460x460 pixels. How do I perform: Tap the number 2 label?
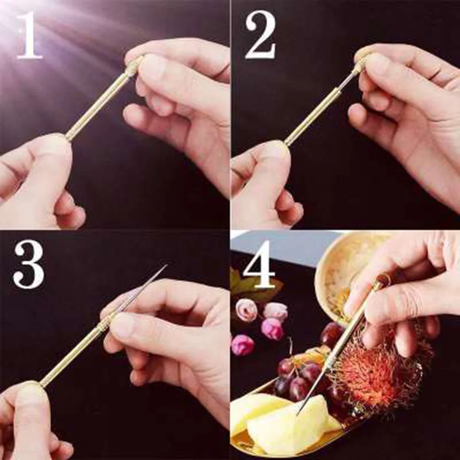(260, 36)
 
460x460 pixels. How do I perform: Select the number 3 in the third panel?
(29, 266)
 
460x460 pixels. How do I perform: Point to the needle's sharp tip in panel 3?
(165, 265)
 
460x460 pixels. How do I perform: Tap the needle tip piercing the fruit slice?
(299, 412)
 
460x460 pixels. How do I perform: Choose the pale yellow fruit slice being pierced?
(285, 423)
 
